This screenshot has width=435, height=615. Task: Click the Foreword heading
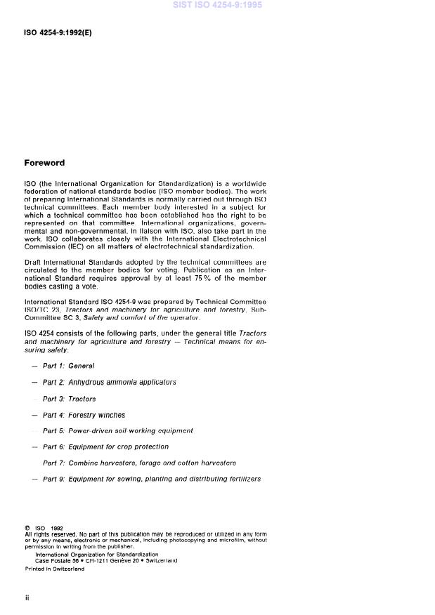(x=44, y=163)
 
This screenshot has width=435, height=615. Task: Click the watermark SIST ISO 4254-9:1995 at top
(x=217, y=5)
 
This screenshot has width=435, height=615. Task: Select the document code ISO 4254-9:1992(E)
(x=58, y=32)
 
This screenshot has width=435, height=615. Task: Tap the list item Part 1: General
(x=68, y=366)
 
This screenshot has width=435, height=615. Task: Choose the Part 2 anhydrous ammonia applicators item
(x=109, y=382)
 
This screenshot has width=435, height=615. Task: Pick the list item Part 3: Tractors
(x=69, y=399)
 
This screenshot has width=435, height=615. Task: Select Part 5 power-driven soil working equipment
(x=117, y=430)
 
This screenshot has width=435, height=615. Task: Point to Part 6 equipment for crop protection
(x=105, y=447)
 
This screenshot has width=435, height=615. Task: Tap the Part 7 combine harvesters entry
(x=139, y=463)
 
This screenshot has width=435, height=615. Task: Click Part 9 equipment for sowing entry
(x=151, y=479)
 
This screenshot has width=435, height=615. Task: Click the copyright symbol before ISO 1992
(x=27, y=528)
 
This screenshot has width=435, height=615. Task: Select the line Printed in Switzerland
(x=55, y=569)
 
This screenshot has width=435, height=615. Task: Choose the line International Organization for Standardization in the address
(x=96, y=554)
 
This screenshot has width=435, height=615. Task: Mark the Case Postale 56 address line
(x=105, y=560)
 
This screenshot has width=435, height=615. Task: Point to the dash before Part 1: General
(x=34, y=366)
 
